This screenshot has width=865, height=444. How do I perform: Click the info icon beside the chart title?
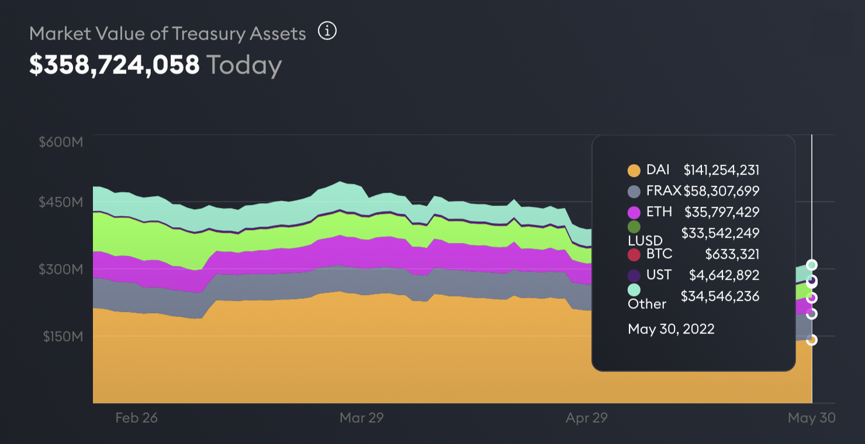327,31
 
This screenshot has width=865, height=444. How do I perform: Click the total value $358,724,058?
115,65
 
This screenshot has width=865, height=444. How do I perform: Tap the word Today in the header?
244,65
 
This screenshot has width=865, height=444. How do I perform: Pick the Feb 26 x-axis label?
137,418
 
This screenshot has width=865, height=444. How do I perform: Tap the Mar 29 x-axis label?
361,418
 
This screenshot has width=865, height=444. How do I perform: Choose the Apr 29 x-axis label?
586,418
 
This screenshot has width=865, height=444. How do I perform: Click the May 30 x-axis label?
811,418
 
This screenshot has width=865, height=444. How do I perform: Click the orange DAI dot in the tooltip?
634,171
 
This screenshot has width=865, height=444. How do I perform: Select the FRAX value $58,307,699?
721,190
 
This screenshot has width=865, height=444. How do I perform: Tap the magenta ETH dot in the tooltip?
634,211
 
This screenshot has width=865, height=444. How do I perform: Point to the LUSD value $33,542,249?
720,233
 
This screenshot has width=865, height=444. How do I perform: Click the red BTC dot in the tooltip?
634,254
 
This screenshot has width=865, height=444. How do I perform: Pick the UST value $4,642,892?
725,275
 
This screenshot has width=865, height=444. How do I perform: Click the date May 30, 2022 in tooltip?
671,329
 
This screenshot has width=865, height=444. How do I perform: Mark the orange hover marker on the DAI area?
812,339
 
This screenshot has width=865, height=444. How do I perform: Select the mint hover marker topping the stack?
812,265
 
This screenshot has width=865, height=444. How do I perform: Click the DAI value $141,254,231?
721,170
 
